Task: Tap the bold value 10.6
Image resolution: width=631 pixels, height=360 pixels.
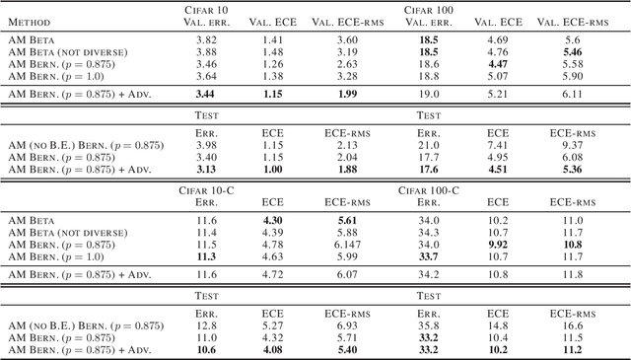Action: (204, 349)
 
